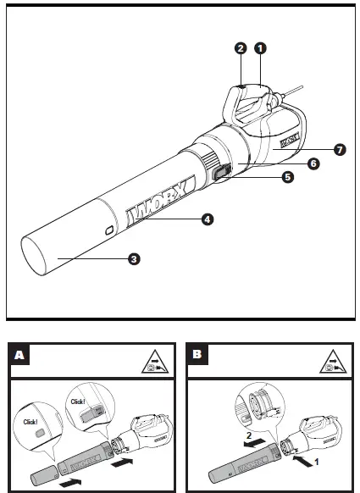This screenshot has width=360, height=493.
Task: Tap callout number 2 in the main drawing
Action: [x=241, y=50]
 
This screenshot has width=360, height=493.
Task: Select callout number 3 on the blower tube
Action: [x=133, y=259]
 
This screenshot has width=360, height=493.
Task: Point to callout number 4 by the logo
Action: [x=207, y=219]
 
